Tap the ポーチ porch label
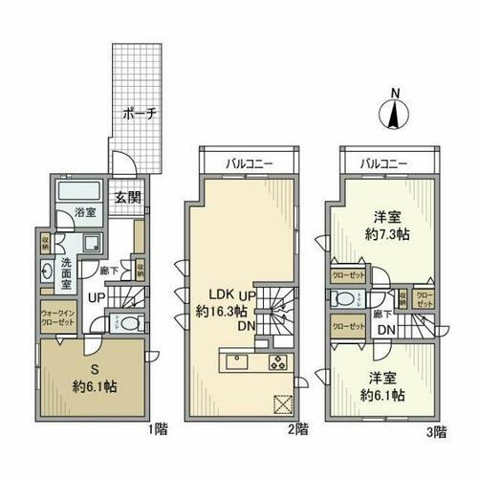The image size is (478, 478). click(x=139, y=113)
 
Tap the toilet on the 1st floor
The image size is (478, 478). click(x=129, y=322)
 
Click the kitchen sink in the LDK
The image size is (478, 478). click(x=236, y=362)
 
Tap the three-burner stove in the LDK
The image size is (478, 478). click(x=278, y=362)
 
